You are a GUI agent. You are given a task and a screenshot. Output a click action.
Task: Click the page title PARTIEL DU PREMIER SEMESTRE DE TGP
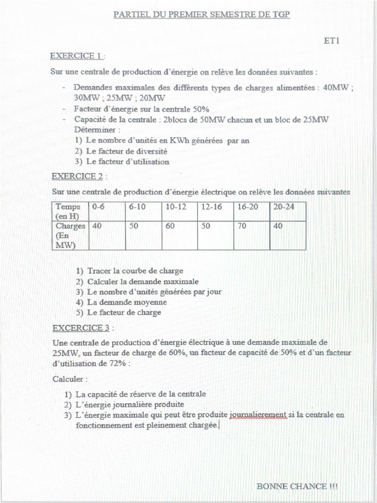202,15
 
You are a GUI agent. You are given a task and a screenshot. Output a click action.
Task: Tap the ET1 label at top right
332,41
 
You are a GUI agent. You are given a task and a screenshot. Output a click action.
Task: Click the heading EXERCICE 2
77,176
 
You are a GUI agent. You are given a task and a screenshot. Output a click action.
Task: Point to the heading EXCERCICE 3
81,328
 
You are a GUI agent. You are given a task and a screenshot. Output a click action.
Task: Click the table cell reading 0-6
98,207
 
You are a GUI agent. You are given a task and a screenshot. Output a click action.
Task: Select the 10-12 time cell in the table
176,207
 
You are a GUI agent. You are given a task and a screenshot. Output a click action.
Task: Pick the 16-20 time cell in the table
247,207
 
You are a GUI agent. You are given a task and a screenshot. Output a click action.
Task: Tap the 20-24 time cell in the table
284,207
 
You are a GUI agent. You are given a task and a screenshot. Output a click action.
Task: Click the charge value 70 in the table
242,226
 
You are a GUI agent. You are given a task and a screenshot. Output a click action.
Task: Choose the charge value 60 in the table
170,226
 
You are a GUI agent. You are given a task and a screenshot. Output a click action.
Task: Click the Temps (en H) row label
68,212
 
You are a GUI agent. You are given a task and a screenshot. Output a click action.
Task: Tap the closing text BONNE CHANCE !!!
297,486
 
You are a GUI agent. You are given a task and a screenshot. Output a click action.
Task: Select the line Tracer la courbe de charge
135,271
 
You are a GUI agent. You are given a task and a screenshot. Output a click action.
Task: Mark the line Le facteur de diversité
127,151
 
